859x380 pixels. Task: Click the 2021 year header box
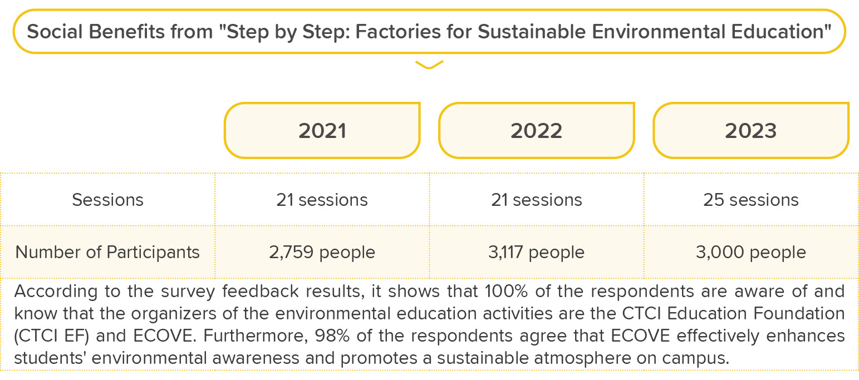pos(322,130)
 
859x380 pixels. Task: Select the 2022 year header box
pos(537,130)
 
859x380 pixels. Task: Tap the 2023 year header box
pos(751,130)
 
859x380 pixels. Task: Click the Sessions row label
pos(108,200)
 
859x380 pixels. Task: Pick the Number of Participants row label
pos(107,253)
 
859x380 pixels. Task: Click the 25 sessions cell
pos(751,200)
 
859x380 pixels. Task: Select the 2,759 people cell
pos(322,253)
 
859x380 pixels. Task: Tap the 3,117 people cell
pos(537,253)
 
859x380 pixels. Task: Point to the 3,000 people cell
pos(751,253)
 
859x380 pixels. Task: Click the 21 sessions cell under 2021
pos(322,200)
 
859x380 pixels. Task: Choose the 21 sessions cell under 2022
pos(537,200)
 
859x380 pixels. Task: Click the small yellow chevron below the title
pos(429,66)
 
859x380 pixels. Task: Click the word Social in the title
pos(55,31)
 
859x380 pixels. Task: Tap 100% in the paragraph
pos(506,292)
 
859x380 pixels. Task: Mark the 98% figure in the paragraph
pos(332,336)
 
